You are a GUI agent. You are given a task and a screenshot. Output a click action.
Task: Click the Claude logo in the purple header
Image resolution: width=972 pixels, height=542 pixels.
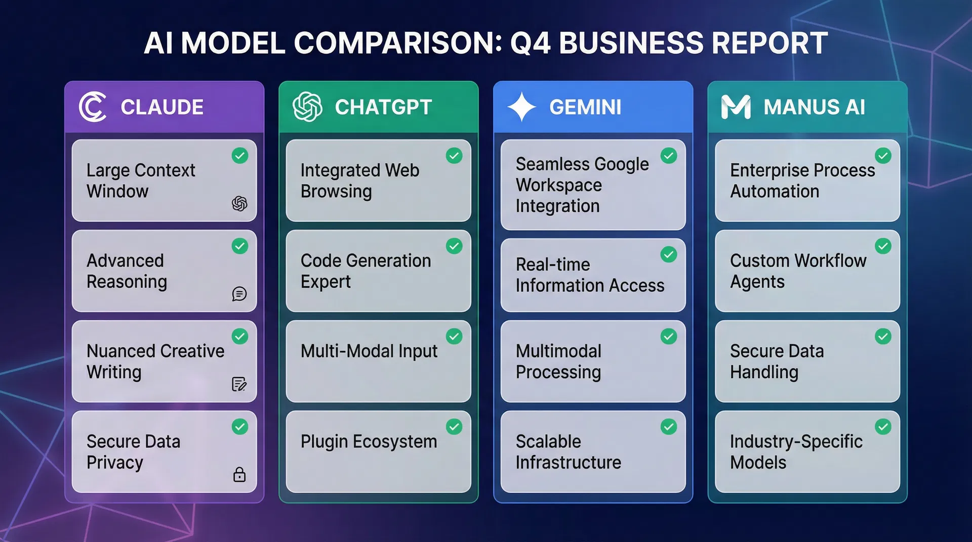93,107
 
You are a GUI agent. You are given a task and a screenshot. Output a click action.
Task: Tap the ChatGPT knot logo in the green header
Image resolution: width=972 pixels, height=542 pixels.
307,107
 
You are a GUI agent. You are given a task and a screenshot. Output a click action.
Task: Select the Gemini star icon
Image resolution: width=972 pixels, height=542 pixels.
521,107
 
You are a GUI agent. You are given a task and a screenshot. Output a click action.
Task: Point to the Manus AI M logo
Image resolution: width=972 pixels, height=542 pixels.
736,107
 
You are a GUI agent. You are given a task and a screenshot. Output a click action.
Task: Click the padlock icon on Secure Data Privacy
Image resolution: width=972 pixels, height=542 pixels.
239,474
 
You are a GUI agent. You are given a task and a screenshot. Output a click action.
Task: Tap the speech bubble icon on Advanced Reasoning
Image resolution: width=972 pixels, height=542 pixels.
239,294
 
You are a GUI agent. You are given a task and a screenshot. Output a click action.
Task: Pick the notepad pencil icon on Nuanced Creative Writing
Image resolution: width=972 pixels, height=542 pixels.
239,384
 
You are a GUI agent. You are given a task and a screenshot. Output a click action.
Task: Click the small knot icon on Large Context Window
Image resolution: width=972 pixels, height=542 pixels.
239,204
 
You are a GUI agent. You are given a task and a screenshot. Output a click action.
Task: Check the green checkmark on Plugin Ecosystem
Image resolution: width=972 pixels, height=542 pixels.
454,427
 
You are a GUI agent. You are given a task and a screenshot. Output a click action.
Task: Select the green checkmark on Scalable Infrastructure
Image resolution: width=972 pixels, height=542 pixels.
669,427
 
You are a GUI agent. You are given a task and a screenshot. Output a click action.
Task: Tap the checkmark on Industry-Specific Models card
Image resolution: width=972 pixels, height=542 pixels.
883,427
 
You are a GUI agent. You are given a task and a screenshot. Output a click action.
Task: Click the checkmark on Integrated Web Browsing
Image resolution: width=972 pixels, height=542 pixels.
454,156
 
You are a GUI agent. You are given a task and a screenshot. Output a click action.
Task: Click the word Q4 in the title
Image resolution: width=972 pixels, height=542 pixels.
530,43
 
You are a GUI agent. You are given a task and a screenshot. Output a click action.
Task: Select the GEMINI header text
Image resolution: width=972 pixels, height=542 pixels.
585,107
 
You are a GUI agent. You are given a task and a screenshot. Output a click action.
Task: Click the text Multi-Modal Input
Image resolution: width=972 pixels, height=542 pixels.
369,351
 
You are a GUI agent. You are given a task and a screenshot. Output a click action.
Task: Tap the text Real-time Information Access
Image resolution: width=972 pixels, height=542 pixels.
590,275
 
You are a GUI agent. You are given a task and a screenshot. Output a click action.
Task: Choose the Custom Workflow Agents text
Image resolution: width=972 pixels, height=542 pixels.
798,271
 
